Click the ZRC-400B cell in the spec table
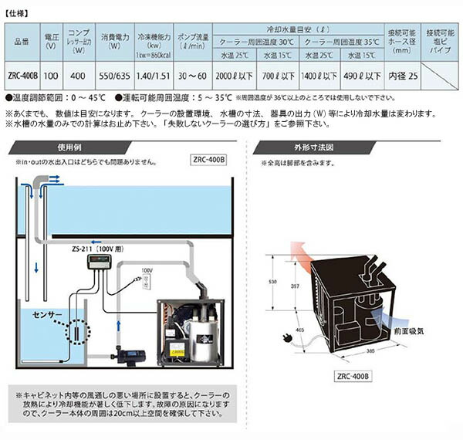click(22, 78)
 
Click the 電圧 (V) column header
click(49, 39)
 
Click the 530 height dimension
click(272, 283)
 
